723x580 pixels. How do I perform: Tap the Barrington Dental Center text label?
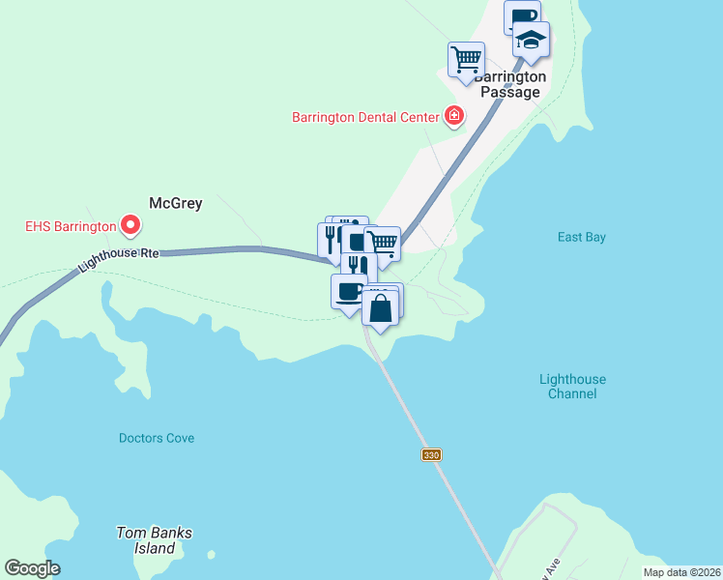[x=366, y=118]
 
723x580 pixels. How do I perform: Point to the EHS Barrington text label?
[x=69, y=228]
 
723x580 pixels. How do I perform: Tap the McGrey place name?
[x=175, y=203]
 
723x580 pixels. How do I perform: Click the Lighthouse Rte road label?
[x=118, y=255]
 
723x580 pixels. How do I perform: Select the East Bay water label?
[x=581, y=237]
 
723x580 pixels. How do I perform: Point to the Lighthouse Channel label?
[x=572, y=387]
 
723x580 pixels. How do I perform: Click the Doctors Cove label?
[x=157, y=438]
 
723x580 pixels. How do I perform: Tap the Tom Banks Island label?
[x=155, y=540]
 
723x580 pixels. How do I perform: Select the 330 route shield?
[x=431, y=454]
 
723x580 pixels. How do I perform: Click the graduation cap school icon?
[x=531, y=40]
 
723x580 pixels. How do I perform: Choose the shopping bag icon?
[x=382, y=308]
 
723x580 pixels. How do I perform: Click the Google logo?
[x=32, y=568]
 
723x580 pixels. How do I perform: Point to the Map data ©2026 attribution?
[x=681, y=572]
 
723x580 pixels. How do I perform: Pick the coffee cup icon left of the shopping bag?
[x=348, y=291]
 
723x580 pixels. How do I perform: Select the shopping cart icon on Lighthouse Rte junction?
[x=385, y=242]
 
